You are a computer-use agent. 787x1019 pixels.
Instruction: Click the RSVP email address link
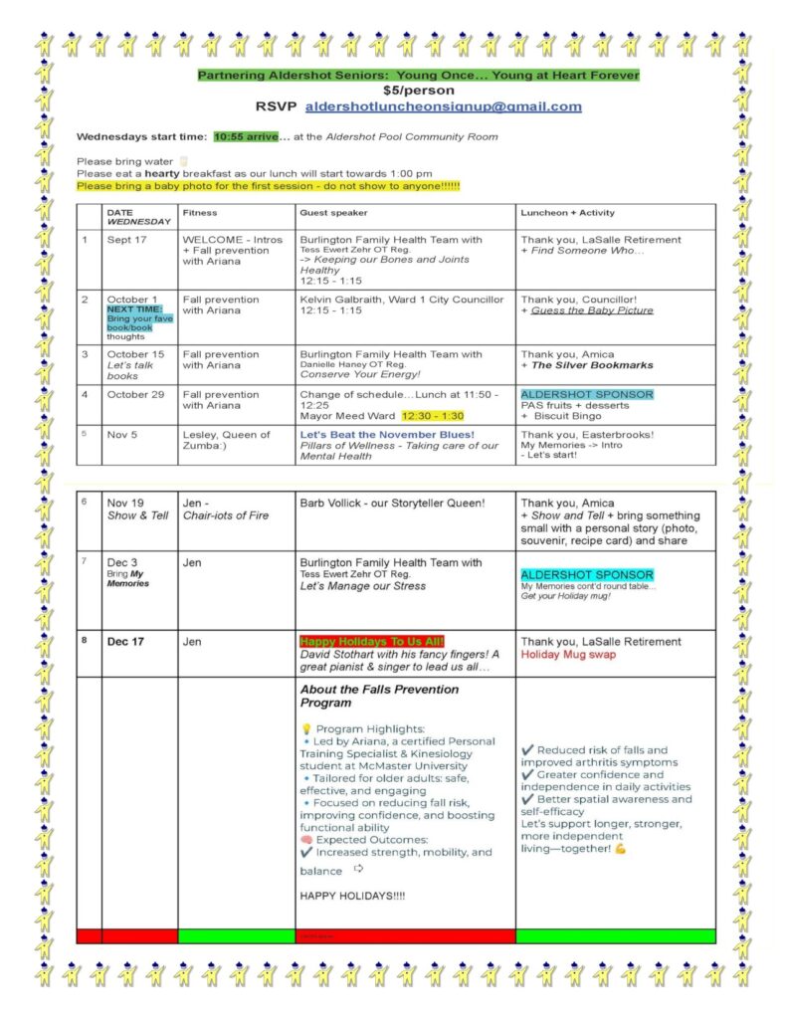443,106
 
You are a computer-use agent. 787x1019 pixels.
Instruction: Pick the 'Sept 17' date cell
125,240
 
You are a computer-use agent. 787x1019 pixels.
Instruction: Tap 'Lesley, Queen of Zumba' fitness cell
226,441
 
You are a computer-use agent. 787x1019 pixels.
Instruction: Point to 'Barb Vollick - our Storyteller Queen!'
391,504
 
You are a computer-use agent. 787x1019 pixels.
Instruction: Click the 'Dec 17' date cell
125,642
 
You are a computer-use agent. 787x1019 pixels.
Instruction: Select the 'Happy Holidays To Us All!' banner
372,642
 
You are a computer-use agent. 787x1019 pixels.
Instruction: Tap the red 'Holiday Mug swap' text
568,655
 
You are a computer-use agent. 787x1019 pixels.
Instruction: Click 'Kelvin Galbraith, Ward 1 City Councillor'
401,300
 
